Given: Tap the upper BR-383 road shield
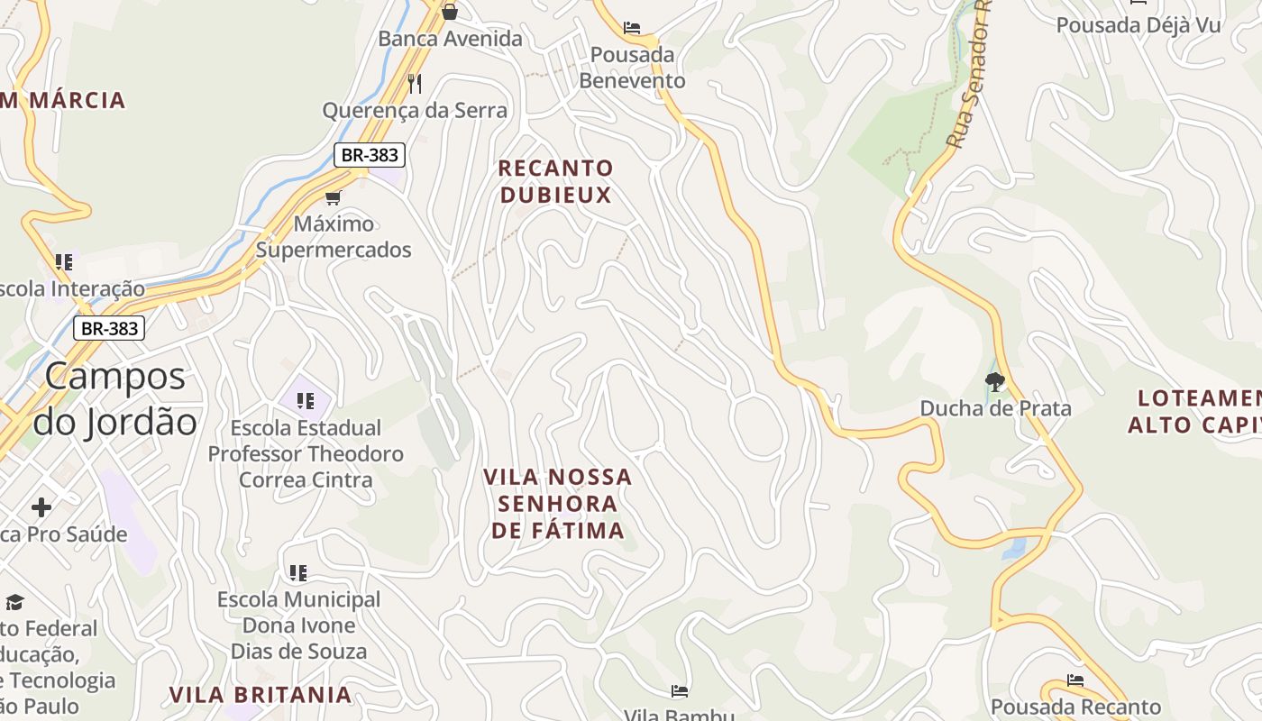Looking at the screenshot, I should click(x=370, y=155).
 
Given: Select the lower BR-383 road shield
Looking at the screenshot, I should click(x=109, y=328).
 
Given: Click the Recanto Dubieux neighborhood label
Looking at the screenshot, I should click(x=555, y=181).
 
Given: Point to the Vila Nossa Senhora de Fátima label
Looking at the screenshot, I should click(x=558, y=503).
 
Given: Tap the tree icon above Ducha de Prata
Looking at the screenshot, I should click(x=995, y=382).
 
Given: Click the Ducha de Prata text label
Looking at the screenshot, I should click(x=995, y=408).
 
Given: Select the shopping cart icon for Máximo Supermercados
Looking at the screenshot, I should click(x=334, y=197).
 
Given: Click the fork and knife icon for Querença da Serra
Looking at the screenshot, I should click(x=415, y=84).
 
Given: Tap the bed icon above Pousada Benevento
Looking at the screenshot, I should click(x=632, y=28).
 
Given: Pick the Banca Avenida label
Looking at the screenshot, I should click(x=450, y=39).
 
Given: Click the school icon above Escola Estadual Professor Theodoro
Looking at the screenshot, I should click(x=305, y=400).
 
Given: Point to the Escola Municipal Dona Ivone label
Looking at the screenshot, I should click(x=298, y=625).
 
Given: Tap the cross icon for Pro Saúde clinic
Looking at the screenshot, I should click(x=41, y=507).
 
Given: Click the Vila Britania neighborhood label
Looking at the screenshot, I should click(x=261, y=695).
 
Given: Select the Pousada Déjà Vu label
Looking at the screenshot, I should click(x=1139, y=25).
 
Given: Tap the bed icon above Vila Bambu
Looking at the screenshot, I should click(x=680, y=691).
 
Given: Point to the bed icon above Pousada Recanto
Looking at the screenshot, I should click(x=1075, y=680).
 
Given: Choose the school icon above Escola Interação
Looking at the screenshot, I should click(x=63, y=262).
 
